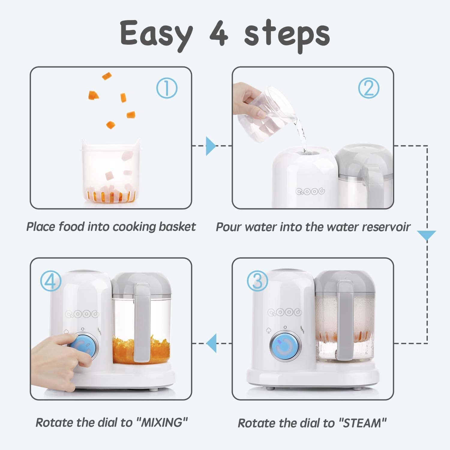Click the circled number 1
pos(167,88)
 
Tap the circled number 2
pos(369,88)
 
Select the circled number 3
pos(257,281)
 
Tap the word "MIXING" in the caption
pos(162,422)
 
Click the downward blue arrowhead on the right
pos(426,235)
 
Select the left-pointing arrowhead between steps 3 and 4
pos(211,343)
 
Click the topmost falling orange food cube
pos(107,76)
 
